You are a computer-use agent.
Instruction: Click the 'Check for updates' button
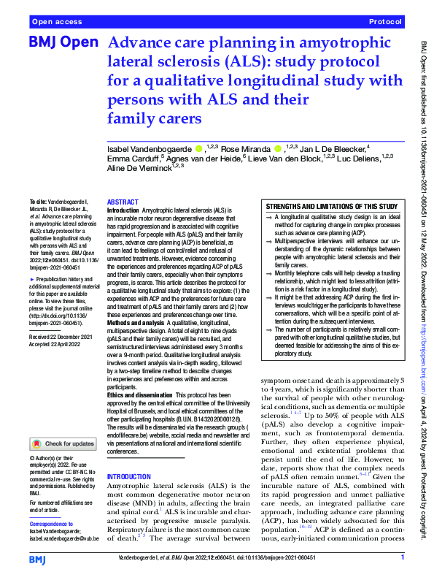pyautogui.click(x=63, y=443)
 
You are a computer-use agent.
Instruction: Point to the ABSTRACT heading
pyautogui.click(x=122, y=202)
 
